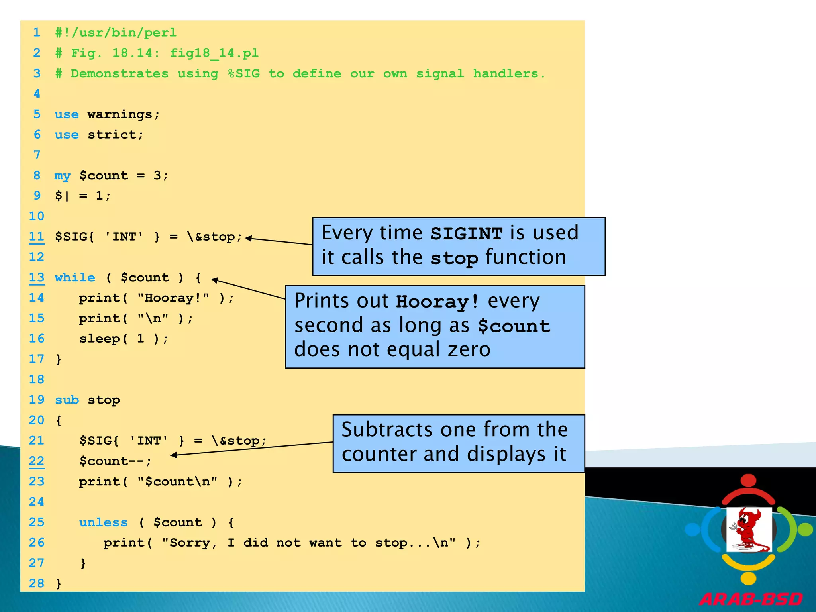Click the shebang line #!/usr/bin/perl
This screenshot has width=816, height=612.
coord(116,33)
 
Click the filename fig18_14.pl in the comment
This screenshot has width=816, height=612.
coord(214,53)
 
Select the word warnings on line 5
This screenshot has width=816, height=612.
coord(120,114)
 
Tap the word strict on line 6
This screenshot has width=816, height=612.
coord(112,135)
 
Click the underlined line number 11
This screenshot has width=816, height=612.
coord(37,237)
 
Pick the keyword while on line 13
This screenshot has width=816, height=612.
coord(75,277)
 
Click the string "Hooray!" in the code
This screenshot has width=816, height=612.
coord(173,298)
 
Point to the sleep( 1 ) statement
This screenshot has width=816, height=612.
coord(124,339)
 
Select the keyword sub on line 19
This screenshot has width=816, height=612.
coord(67,400)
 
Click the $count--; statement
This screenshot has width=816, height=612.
coord(115,461)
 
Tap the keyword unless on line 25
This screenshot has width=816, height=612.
coord(103,522)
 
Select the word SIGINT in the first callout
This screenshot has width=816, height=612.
coord(466,233)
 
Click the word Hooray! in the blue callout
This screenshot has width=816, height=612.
coord(437,302)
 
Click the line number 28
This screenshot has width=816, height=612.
coord(37,583)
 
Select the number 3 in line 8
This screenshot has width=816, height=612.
coord(157,175)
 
